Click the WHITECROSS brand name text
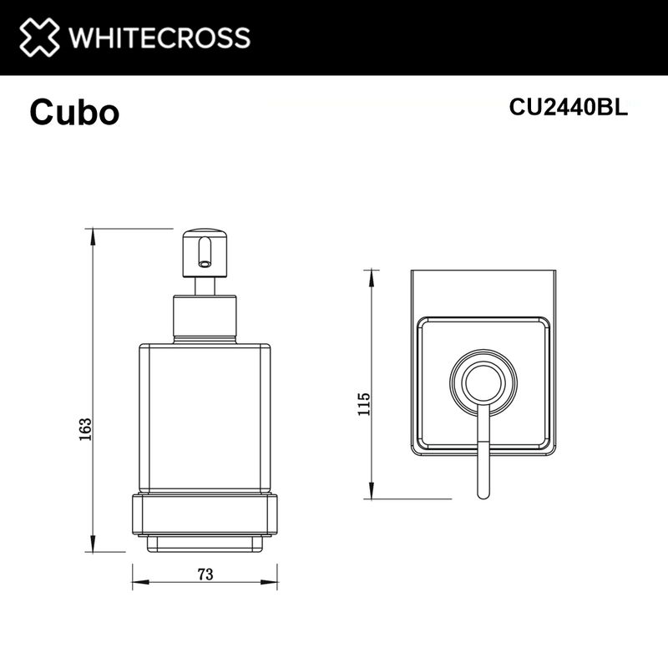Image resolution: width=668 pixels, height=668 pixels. (159, 38)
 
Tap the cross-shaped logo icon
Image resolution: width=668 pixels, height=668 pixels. (40, 38)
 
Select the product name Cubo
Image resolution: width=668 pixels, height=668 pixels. (74, 113)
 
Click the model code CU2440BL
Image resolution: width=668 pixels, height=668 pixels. (568, 108)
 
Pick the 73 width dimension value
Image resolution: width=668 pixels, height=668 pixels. (205, 574)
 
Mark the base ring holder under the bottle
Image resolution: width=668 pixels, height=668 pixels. (205, 518)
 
